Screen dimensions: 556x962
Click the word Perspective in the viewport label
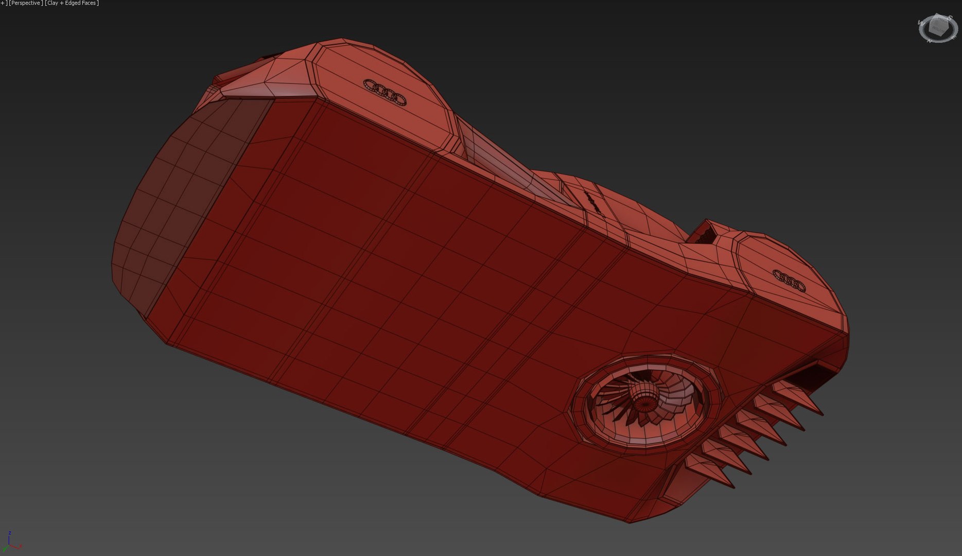click(26, 3)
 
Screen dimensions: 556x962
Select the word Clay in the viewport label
click(53, 3)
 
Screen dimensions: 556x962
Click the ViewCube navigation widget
click(938, 28)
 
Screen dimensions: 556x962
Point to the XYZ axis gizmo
click(11, 542)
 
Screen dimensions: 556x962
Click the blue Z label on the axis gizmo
click(10, 533)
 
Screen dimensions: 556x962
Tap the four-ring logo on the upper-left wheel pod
click(385, 92)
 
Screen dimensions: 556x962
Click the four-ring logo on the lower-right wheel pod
click(789, 280)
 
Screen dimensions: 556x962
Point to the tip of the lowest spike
click(733, 486)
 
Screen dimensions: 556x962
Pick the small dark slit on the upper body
click(592, 201)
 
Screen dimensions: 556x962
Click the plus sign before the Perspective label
click(2, 3)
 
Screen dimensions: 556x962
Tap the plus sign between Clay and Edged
click(63, 3)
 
